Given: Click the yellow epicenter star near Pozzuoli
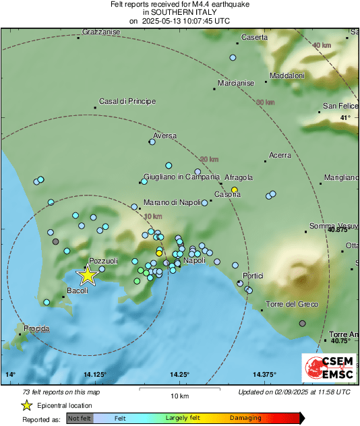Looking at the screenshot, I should [87, 275].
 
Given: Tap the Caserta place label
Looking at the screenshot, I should [254, 37].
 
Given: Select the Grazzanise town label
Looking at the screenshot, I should [100, 32].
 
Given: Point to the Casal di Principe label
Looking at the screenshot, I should [127, 102].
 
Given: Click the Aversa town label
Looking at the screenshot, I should [164, 135].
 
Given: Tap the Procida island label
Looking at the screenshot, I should [36, 328].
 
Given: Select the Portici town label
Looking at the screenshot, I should [253, 276].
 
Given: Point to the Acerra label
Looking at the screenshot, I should [280, 155].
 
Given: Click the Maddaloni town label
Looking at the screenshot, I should [287, 75].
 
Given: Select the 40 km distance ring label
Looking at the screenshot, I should [322, 45].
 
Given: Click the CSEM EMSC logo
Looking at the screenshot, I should [327, 369].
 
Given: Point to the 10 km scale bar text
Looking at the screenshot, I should [179, 396].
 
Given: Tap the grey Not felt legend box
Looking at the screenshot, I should [80, 418].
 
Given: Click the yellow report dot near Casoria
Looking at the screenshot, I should [234, 190].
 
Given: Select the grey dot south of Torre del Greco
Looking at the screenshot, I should [302, 324].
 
